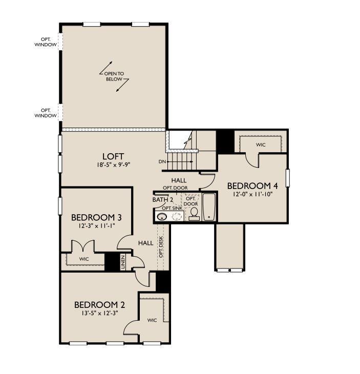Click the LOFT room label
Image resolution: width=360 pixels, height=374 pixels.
pyautogui.click(x=113, y=156)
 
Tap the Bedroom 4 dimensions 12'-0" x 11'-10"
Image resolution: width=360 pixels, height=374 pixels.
pyautogui.click(x=252, y=194)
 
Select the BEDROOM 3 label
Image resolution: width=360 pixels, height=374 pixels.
pyautogui.click(x=96, y=218)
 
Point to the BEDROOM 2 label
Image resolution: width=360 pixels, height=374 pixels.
pyautogui.click(x=99, y=305)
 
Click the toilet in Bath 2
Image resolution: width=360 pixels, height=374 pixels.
pyautogui.click(x=194, y=214)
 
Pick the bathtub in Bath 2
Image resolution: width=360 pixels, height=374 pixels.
pyautogui.click(x=209, y=207)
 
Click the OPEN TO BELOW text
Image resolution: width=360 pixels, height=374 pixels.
pyautogui.click(x=114, y=76)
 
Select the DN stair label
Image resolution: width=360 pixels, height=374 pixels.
pyautogui.click(x=162, y=162)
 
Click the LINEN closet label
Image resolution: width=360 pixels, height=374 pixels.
pyautogui.click(x=123, y=262)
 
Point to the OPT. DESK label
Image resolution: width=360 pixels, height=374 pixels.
pyautogui.click(x=161, y=247)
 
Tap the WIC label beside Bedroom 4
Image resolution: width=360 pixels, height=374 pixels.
pyautogui.click(x=261, y=144)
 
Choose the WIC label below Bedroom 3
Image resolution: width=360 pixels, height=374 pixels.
pyautogui.click(x=83, y=259)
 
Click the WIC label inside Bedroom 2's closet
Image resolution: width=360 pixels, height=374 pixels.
pyautogui.click(x=152, y=320)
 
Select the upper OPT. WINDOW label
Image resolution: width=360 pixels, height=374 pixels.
pyautogui.click(x=46, y=42)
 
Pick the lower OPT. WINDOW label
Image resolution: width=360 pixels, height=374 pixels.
pyautogui.click(x=46, y=113)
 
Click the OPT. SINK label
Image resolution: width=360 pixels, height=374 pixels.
pyautogui.click(x=172, y=208)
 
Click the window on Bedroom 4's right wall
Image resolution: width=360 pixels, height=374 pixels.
pyautogui.click(x=288, y=178)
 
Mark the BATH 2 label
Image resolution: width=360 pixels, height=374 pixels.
pyautogui.click(x=163, y=200)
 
